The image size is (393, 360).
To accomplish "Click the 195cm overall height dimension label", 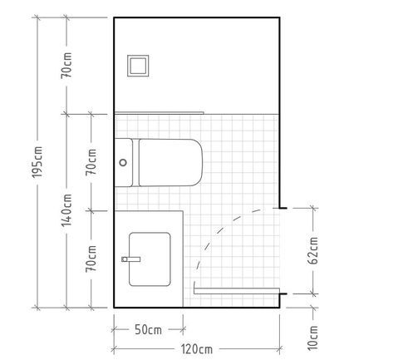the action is (37, 162).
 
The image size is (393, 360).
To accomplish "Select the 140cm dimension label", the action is (66, 210).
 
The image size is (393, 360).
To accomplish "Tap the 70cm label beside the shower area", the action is (66, 65).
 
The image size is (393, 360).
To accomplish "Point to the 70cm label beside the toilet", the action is (91, 162).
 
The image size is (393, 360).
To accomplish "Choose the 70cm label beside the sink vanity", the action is (91, 259).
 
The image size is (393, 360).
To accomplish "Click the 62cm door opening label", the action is (313, 250).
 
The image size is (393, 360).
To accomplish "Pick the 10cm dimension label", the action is (313, 338).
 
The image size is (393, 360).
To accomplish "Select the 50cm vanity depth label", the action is (148, 330).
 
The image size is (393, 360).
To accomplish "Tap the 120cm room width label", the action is (197, 349).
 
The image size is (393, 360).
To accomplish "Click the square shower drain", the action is (138, 66).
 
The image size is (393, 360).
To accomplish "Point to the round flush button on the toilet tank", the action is (123, 162).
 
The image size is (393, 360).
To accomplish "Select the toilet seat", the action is (170, 162).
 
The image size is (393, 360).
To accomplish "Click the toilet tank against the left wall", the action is (124, 162).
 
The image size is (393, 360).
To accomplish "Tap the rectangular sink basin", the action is (150, 259).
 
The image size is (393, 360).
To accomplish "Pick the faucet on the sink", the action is (131, 259).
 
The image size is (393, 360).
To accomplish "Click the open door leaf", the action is (236, 290).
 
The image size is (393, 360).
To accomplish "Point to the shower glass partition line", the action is (160, 113).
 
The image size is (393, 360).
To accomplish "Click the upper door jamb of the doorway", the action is (280, 208).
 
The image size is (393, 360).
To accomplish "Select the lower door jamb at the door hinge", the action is (283, 293).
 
